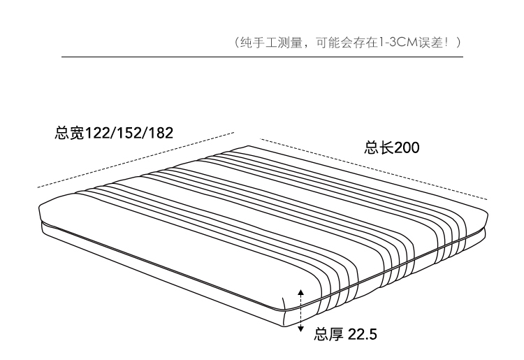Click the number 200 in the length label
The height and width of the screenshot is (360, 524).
(x=407, y=148)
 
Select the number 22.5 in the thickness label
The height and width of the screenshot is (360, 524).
(x=362, y=334)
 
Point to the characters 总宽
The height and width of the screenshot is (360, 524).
(x=68, y=133)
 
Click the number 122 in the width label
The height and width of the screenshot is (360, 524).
(x=97, y=133)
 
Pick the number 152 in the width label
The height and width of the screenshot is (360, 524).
(x=128, y=133)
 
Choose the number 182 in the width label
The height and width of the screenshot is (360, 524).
(x=159, y=133)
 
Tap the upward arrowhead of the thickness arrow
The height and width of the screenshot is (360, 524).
(x=301, y=289)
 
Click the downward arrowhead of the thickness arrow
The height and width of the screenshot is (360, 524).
(x=301, y=329)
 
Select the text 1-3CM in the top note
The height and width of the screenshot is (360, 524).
(x=398, y=43)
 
